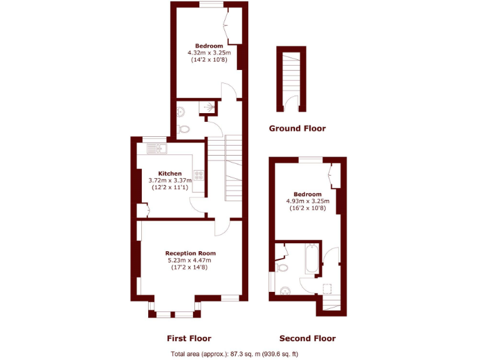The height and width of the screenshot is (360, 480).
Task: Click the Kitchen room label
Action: tap(170, 174)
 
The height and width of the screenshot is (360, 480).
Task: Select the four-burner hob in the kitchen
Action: tap(199, 175)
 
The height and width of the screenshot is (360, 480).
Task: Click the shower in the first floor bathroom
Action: tap(208, 108)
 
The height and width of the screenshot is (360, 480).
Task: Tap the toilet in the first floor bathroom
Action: tap(183, 129)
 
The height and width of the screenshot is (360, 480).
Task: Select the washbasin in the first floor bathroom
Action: tap(180, 112)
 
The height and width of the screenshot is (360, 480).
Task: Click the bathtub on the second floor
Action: tap(312, 258)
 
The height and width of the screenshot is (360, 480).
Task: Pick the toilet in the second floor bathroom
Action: tap(282, 267)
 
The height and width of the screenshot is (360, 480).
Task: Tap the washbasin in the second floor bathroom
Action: tap(286, 290)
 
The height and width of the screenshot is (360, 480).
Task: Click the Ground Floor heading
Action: tap(297, 129)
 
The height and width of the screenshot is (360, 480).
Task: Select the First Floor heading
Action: tap(189, 338)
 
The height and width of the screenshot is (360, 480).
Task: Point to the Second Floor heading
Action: tap(307, 338)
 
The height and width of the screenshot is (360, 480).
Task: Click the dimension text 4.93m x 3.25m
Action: tap(307, 201)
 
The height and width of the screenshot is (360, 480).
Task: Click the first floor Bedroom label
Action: tap(209, 46)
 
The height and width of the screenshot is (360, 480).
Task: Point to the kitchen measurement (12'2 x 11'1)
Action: tap(170, 187)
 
